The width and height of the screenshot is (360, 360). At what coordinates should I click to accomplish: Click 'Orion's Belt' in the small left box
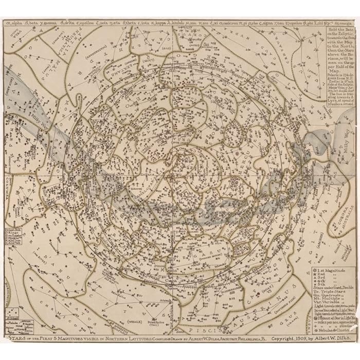pos(11,228)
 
